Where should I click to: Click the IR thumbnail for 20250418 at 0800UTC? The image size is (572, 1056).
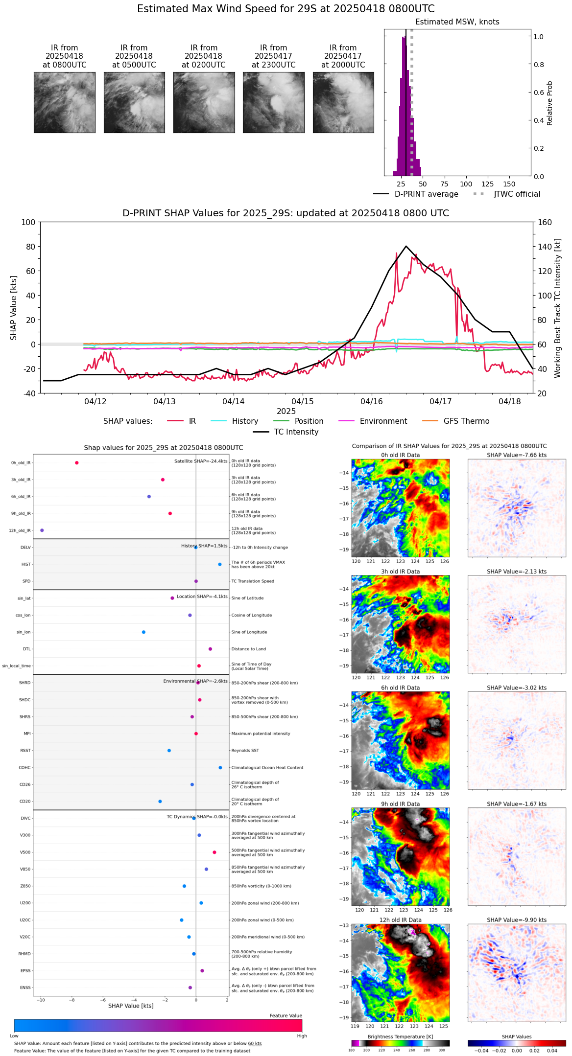(64, 102)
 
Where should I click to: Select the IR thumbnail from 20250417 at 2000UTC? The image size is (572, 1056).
(343, 102)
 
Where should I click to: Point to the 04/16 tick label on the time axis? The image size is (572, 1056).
(372, 402)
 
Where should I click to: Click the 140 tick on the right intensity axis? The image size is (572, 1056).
(545, 247)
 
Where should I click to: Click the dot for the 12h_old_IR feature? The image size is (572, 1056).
(42, 530)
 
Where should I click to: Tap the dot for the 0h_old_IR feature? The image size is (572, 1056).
(77, 463)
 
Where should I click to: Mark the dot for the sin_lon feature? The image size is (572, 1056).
(143, 632)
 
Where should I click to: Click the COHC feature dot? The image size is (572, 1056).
(220, 768)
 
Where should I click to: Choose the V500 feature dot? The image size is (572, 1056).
(214, 852)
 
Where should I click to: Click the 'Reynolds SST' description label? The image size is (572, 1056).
(245, 751)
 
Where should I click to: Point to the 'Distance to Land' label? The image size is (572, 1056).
(248, 649)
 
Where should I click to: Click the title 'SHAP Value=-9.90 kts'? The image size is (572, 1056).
(517, 920)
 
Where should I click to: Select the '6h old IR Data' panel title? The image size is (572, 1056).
(400, 688)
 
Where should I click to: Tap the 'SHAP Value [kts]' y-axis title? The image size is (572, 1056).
(14, 308)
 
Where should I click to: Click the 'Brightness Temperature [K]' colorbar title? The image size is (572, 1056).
(400, 1037)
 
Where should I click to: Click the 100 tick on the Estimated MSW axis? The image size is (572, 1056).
(466, 184)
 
